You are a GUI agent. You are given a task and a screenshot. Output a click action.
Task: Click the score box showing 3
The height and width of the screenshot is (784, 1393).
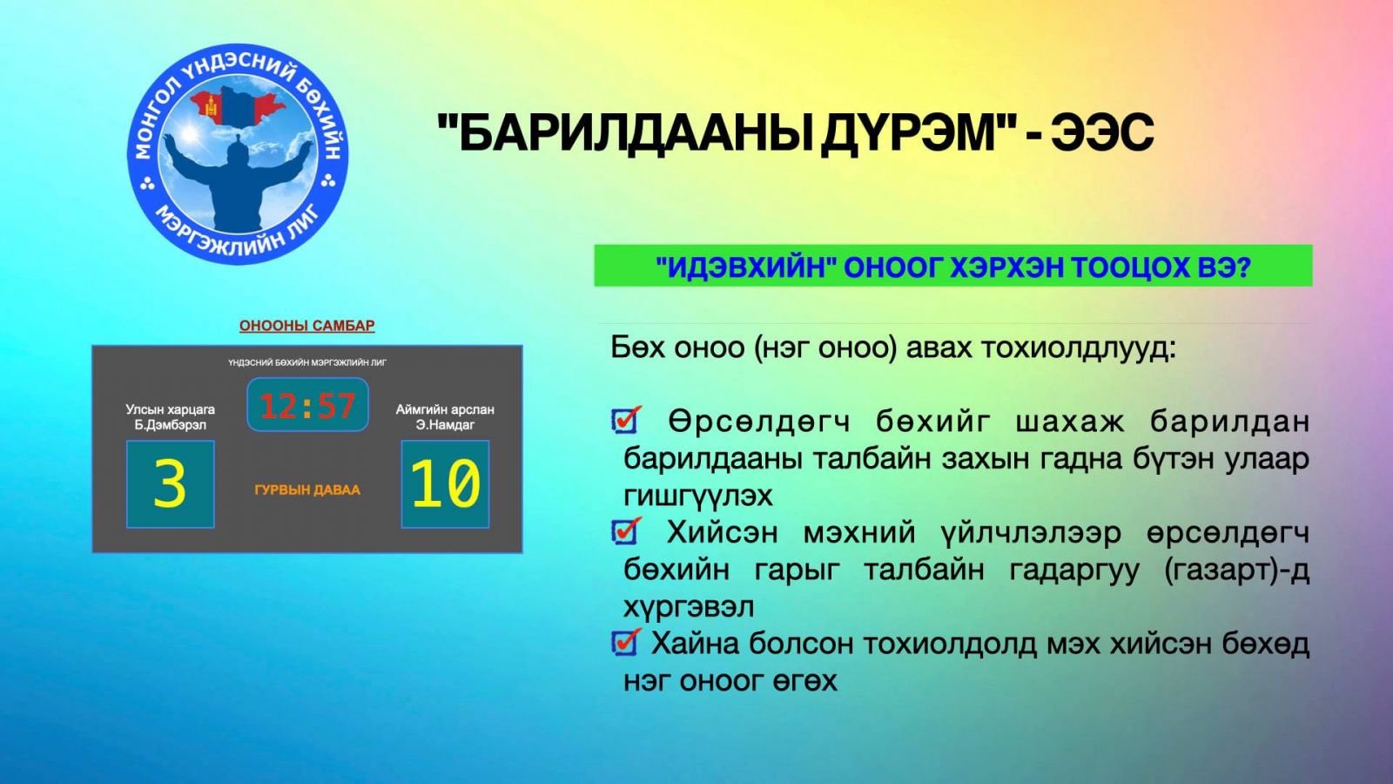tap(171, 484)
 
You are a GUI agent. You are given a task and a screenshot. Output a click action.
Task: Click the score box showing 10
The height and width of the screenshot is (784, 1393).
tap(445, 484)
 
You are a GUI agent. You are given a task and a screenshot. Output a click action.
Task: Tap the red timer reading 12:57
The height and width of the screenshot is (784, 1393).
tap(308, 405)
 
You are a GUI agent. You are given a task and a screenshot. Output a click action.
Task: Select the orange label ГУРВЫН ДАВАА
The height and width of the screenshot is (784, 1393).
tap(307, 490)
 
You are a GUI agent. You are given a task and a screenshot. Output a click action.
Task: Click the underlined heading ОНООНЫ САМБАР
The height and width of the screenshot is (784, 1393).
tap(307, 326)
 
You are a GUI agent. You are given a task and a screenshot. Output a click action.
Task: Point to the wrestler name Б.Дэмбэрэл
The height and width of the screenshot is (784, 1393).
tap(171, 425)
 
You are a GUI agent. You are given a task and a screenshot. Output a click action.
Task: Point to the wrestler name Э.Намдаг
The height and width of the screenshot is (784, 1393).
tap(445, 425)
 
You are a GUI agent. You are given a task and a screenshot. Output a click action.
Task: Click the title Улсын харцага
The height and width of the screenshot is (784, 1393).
tap(171, 409)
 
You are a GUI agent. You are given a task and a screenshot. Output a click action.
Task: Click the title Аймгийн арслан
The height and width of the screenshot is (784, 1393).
tap(445, 409)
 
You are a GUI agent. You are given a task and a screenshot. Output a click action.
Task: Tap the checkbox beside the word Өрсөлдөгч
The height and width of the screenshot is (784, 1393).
tap(626, 419)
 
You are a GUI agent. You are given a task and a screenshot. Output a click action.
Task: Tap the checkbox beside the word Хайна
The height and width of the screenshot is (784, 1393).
tap(626, 641)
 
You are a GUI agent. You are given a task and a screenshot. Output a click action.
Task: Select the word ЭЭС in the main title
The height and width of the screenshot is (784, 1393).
tap(1102, 132)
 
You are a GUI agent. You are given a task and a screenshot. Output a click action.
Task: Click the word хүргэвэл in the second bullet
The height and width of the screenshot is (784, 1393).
tap(689, 607)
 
